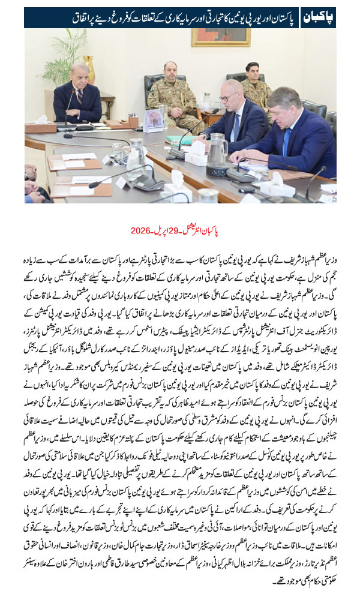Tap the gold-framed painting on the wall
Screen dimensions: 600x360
coord(220,37)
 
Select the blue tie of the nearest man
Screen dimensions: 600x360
coord(287,141)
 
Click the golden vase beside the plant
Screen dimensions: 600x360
coord(89,70)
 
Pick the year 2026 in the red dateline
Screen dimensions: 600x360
coord(140,230)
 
